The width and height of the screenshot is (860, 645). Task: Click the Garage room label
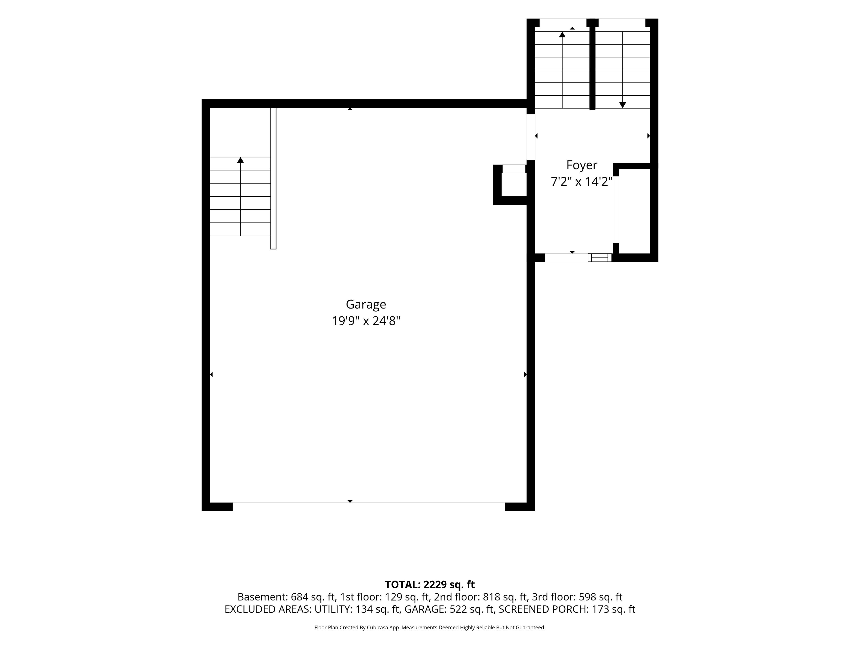click(366, 304)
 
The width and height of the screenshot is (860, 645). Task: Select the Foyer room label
click(582, 165)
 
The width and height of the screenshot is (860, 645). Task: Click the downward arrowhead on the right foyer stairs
click(622, 105)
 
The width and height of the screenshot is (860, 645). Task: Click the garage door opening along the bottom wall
click(369, 507)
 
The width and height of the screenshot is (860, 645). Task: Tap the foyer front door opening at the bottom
click(566, 257)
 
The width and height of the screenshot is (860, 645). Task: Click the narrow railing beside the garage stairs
click(273, 178)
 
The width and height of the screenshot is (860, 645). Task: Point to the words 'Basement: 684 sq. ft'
click(286, 597)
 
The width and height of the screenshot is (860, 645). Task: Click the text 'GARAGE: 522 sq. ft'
click(449, 609)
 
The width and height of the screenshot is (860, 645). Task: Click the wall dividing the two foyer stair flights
click(592, 64)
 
